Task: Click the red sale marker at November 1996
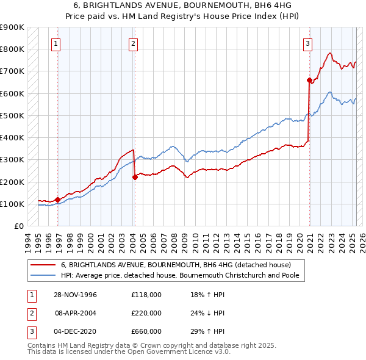pyautogui.click(x=57, y=200)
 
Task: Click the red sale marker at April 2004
pyautogui.click(x=135, y=177)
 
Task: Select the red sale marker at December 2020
pyautogui.click(x=309, y=80)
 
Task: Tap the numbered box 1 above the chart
pyautogui.click(x=56, y=43)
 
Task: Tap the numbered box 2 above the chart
pyautogui.click(x=133, y=43)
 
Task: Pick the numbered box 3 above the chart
pyautogui.click(x=308, y=43)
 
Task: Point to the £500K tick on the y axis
pyautogui.click(x=13, y=115)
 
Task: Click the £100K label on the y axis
pyautogui.click(x=13, y=204)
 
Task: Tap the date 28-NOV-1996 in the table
pyautogui.click(x=75, y=295)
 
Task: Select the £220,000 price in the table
pyautogui.click(x=146, y=313)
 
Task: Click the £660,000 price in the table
pyautogui.click(x=146, y=331)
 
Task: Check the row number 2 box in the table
pyautogui.click(x=30, y=313)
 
